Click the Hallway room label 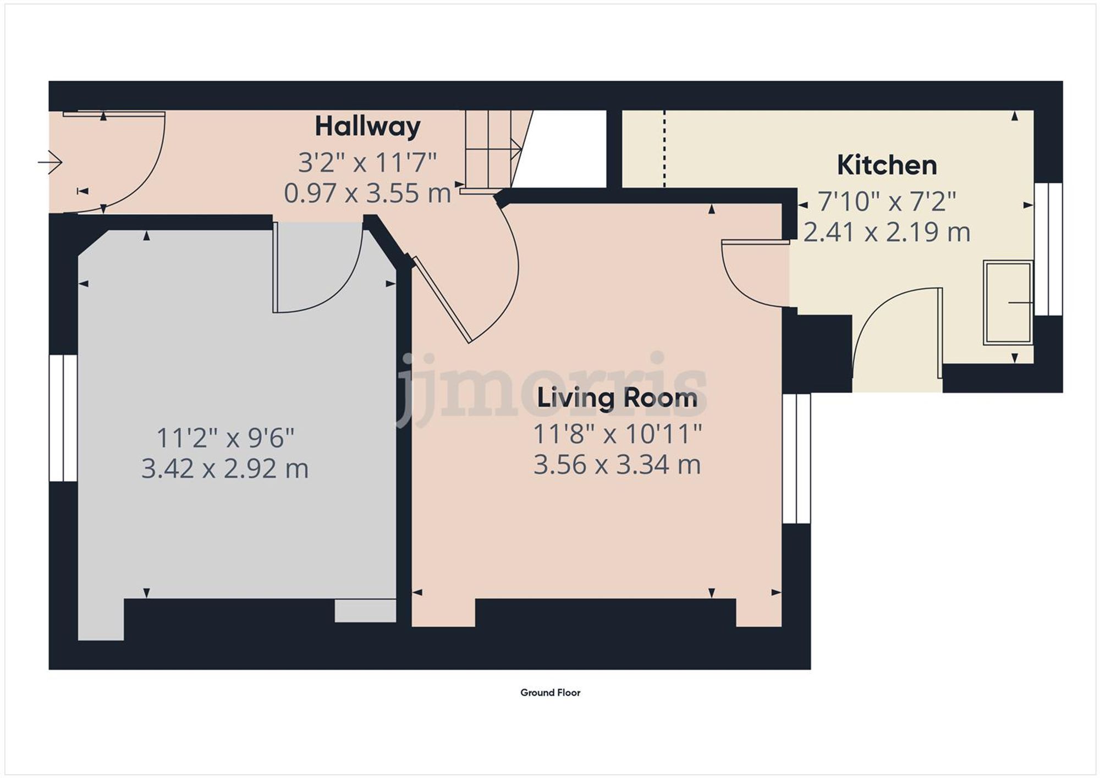pos(367,128)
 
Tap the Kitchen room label pos(887,165)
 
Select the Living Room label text pos(617,398)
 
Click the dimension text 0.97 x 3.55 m pos(367,194)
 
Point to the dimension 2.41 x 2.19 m pos(887,232)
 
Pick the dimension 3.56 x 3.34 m pos(617,465)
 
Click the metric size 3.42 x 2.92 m pos(224,469)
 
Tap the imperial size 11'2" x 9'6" pos(226,438)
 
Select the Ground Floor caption pos(550,693)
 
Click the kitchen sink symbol pos(1008,302)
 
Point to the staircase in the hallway pos(491,148)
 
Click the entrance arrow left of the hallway pos(51,162)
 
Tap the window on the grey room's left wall pos(63,418)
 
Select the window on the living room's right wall pos(796,458)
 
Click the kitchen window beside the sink pos(1048,249)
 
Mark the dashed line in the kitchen pos(664,148)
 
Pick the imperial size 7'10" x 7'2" pos(887,202)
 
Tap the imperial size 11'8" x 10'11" pos(617,434)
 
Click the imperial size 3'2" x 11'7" pos(367,163)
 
